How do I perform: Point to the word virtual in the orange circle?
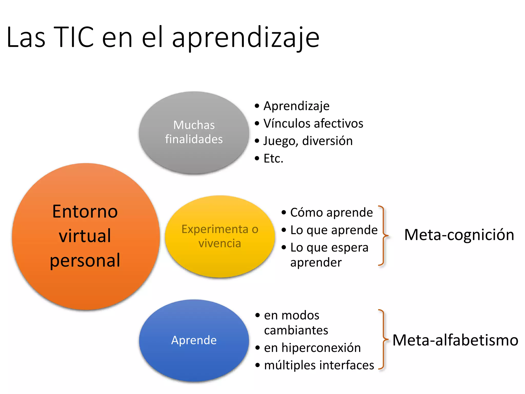pos(85,236)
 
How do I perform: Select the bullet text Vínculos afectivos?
pos(313,123)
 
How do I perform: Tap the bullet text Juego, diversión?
pos(308,141)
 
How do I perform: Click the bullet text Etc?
pos(273,159)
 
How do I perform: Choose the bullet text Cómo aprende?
pos(331,212)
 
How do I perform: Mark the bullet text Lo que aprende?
pos(334,230)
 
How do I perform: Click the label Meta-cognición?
pos(459,235)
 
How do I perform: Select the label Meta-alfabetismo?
pos(455,340)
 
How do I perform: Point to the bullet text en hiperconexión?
pos(312,348)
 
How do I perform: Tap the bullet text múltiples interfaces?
pos(319,365)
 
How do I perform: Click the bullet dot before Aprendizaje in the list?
pos(257,106)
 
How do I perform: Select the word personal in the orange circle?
pos(85,260)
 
